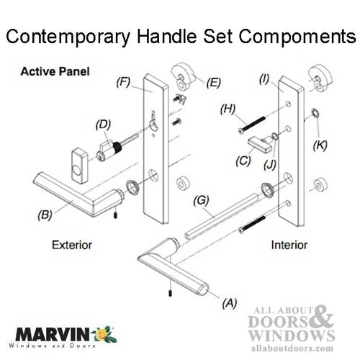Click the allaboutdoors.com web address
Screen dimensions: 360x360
tap(292, 343)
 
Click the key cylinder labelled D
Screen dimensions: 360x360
tap(110, 149)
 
